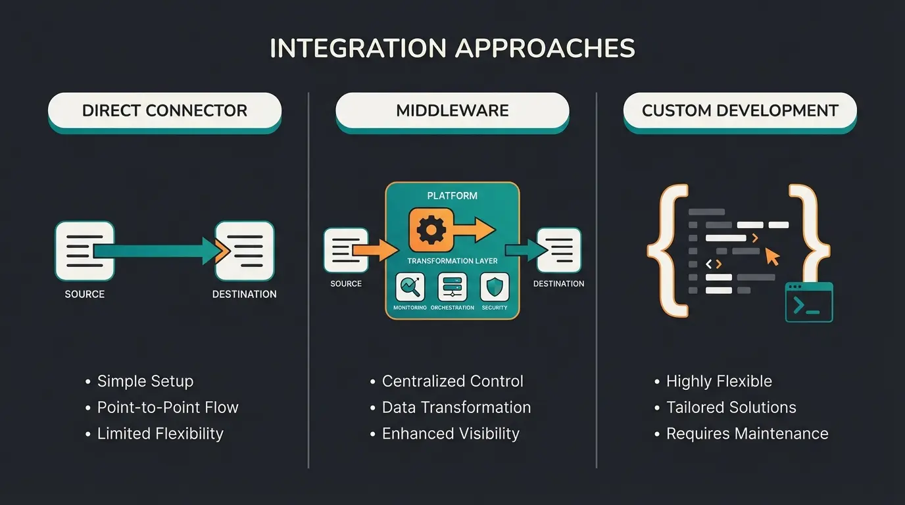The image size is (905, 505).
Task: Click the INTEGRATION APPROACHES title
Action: coord(452,49)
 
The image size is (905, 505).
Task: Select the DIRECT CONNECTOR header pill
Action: coord(164,110)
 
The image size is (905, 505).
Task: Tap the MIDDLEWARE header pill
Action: coord(452,110)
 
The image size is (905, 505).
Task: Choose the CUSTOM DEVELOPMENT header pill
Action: coord(740,110)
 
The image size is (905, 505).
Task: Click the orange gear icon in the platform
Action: coord(431,230)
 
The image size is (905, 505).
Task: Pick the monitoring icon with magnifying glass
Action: coord(410,288)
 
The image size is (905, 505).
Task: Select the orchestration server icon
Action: coord(452,288)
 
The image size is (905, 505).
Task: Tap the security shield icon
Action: coord(494,288)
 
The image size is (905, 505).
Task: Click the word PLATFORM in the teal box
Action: coord(452,195)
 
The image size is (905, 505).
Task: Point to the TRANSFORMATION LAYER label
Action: coord(452,261)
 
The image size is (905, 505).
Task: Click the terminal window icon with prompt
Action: coord(809,302)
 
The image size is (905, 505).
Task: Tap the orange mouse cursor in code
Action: coord(772,256)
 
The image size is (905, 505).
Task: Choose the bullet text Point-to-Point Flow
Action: coord(168,407)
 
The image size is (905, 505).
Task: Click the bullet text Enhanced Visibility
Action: coord(451,433)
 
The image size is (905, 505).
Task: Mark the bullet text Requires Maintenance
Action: coord(747,433)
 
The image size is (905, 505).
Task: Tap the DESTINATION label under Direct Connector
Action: coord(244,294)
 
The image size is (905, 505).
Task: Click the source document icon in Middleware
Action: coord(346,251)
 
